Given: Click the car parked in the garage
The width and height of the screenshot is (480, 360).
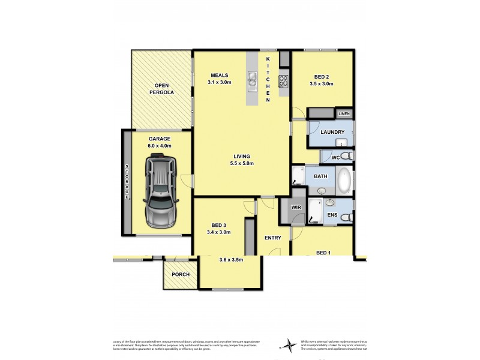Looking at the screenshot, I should coord(160,191).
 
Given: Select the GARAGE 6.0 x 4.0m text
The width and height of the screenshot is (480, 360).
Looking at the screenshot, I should coord(160,142).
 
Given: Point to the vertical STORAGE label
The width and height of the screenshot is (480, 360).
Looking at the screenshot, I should coord(127,182).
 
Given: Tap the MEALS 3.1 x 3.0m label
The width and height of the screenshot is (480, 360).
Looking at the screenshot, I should coord(220,78).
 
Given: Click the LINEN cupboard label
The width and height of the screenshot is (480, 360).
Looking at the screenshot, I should coord(344,113).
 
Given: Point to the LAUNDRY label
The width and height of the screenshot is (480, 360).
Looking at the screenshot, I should coord(332,132).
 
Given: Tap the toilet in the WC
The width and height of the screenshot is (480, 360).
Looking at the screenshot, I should coord(350,157).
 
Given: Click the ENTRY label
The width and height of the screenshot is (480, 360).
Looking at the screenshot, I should coord(273,238).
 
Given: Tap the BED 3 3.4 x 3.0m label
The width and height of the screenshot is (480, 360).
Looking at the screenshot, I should coord(218,228).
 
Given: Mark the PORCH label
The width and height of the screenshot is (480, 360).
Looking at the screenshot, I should coord(181,275).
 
